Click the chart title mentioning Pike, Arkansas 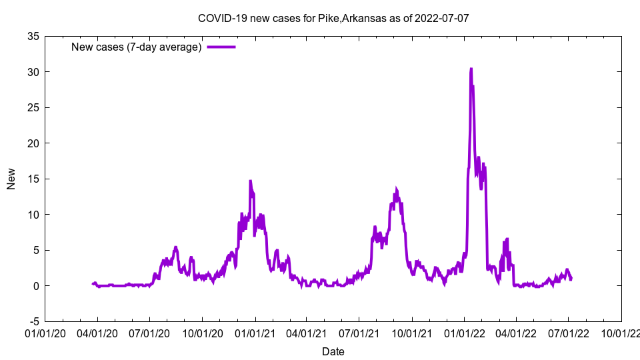(x=333, y=18)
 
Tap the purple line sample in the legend (x=221, y=47)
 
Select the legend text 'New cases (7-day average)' (x=137, y=47)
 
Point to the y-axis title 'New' (x=11, y=179)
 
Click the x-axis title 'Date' (x=333, y=351)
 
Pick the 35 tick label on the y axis (x=33, y=36)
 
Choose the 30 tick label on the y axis (x=33, y=72)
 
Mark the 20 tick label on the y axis (x=33, y=143)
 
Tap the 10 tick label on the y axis (x=33, y=215)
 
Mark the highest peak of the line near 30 (x=471, y=69)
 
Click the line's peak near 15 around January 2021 (x=250, y=181)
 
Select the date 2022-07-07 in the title (x=441, y=18)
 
